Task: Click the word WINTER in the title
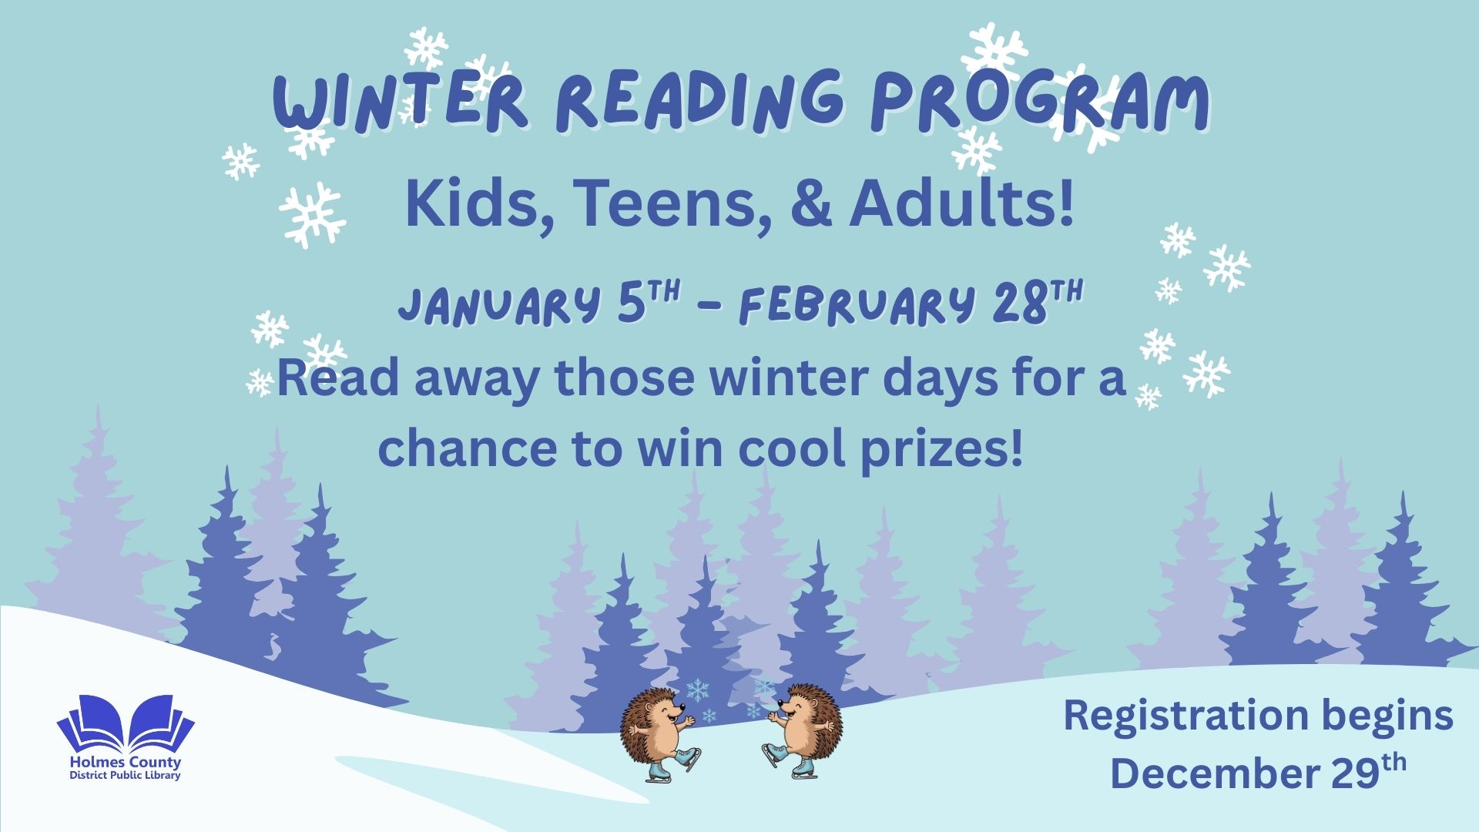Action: tap(401, 102)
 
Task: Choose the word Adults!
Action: tap(961, 204)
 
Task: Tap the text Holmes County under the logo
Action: tap(126, 763)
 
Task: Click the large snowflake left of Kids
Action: tap(312, 215)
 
